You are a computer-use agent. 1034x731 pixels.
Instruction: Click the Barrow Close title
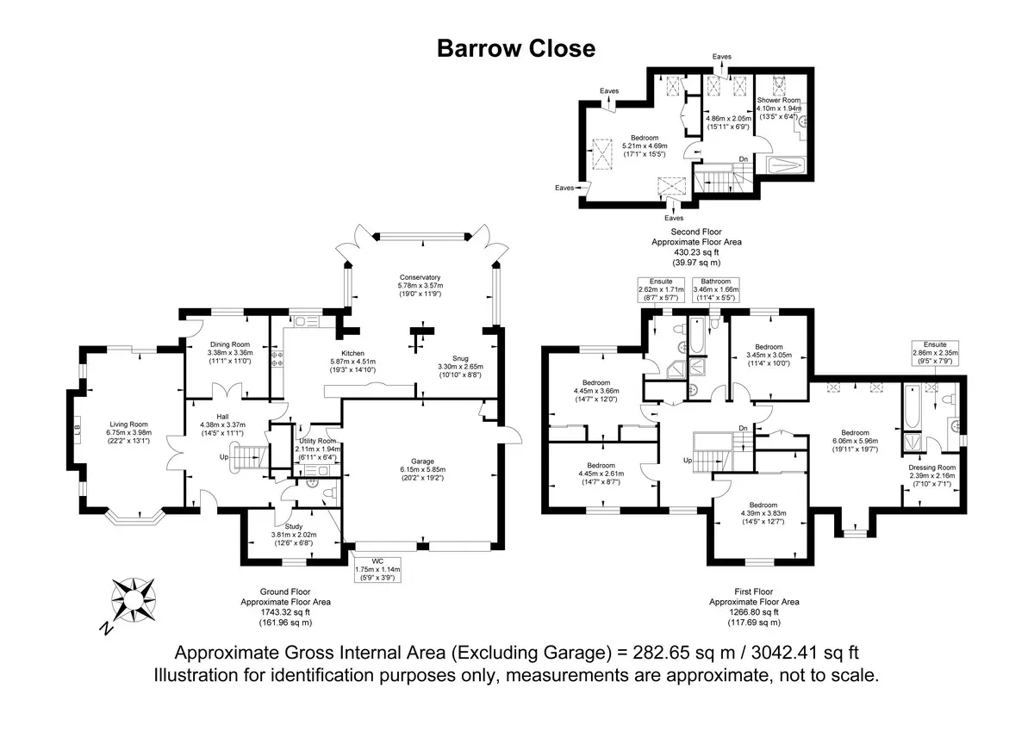coord(516,48)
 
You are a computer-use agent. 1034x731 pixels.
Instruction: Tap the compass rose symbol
coord(134,600)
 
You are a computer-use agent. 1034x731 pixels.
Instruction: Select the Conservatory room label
coord(420,277)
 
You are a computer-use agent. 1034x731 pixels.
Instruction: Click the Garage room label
coord(422,462)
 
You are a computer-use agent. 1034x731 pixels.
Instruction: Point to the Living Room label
coord(128,424)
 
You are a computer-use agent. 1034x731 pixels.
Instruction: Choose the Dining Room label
coord(230,344)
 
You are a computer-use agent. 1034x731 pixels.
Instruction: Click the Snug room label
coord(460,358)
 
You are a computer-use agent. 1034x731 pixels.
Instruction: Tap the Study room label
coord(294,526)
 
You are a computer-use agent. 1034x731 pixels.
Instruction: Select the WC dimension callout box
coord(377,570)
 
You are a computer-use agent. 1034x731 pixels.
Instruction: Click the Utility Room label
coord(318,441)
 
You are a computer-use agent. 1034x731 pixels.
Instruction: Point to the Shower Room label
coord(779,100)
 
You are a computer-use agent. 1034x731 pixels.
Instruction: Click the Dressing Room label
coord(932,468)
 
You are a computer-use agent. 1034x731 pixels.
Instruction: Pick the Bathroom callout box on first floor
coord(716,289)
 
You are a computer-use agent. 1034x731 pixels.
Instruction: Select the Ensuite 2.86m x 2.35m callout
coord(935,353)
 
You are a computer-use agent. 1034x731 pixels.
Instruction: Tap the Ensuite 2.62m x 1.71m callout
coord(661,289)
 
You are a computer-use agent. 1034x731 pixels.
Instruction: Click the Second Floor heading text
coord(696,232)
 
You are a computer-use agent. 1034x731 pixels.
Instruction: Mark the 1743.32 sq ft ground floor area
coord(285,612)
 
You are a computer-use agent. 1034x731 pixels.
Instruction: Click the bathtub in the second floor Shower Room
coord(786,165)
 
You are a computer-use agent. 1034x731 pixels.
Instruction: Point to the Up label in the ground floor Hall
coord(224,457)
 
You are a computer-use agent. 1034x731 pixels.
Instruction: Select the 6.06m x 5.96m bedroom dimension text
coord(855,441)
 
